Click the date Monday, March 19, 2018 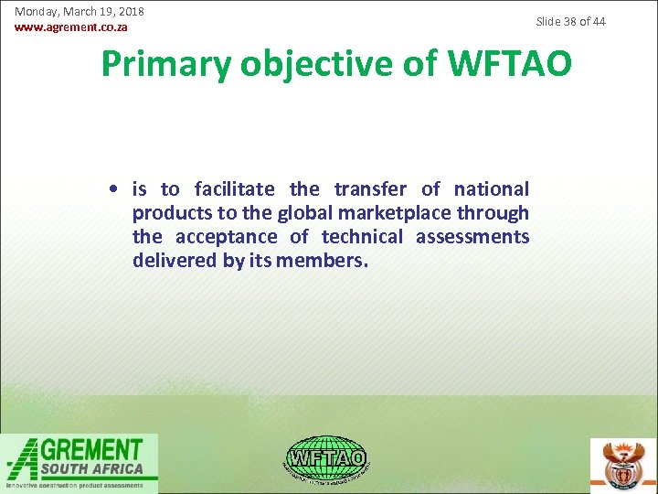[80, 12]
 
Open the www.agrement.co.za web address [71, 27]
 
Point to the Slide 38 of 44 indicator [570, 21]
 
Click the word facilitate [234, 189]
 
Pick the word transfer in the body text [370, 189]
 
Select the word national [491, 189]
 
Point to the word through [502, 213]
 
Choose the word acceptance [227, 237]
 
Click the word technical [362, 237]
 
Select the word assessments [472, 237]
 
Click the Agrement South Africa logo [80, 463]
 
